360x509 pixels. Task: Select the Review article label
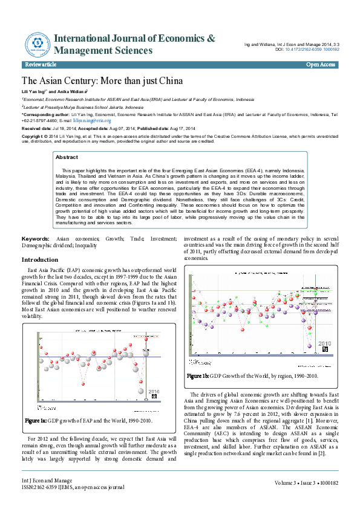coord(41,64)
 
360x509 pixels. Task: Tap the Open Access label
coord(321,64)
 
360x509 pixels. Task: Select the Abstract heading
coord(67,157)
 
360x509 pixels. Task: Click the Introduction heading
coord(40,259)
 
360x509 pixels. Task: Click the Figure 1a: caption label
coord(36,420)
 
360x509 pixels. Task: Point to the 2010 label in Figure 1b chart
coord(325,343)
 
